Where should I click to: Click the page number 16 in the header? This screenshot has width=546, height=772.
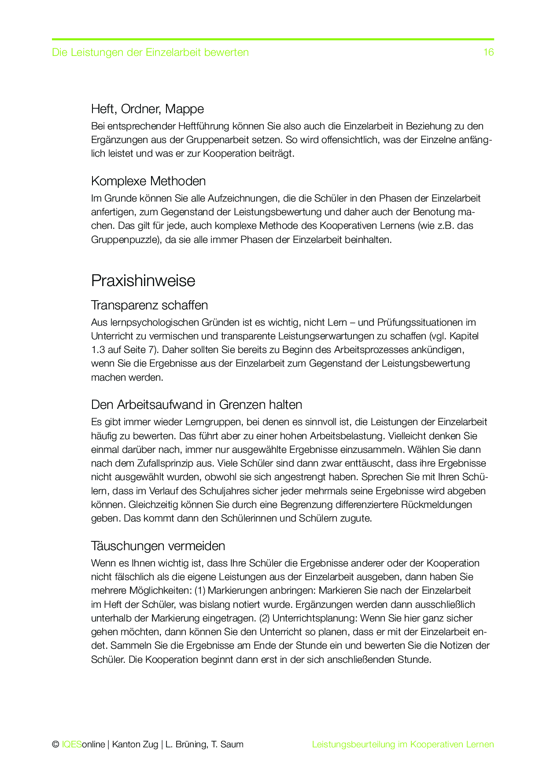488,52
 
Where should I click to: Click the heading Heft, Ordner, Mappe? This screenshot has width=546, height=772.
147,109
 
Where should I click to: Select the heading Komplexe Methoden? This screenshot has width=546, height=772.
148,181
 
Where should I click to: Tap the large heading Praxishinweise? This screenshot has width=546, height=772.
143,281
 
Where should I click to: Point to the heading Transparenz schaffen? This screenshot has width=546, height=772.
149,305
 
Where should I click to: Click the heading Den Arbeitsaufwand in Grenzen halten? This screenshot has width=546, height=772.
196,404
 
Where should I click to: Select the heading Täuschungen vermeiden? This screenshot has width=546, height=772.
158,546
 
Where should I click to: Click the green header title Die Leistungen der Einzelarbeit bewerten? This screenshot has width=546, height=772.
150,52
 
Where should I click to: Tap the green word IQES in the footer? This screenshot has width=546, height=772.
71,744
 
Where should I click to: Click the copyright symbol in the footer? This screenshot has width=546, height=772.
55,744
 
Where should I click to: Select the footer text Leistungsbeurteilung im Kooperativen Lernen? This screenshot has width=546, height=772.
403,744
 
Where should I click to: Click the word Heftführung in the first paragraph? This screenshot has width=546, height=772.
203,126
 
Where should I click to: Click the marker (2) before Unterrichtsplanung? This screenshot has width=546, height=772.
264,618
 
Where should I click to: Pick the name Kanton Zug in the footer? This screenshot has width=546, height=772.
135,744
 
